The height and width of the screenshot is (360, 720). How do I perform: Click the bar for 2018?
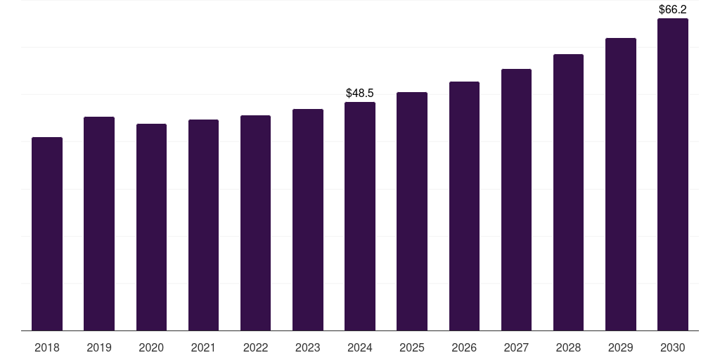(x=47, y=233)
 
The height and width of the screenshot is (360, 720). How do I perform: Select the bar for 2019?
(x=99, y=224)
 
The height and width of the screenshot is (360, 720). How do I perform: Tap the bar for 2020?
(x=151, y=227)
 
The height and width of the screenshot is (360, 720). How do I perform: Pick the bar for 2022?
(x=255, y=223)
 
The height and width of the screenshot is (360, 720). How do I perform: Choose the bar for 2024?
(x=360, y=216)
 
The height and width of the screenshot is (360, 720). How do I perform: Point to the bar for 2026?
(x=464, y=206)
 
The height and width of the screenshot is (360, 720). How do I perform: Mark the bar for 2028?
(x=568, y=192)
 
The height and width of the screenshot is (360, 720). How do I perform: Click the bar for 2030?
(x=673, y=174)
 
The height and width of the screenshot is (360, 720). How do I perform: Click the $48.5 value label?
(x=360, y=93)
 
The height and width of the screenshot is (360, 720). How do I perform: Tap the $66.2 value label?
(x=673, y=10)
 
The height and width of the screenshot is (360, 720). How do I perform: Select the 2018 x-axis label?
(x=47, y=347)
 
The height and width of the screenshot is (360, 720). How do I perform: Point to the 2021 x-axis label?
(x=203, y=347)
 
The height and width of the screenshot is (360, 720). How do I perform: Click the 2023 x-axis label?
(x=308, y=347)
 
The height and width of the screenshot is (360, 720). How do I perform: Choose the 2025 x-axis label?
(x=412, y=347)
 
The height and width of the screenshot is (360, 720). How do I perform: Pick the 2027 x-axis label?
(x=516, y=347)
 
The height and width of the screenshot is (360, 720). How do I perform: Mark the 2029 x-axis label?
(x=621, y=347)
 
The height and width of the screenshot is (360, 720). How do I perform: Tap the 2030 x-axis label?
(x=673, y=347)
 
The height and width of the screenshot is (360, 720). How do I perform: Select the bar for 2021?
(x=203, y=225)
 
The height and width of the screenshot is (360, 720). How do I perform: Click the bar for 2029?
(x=621, y=184)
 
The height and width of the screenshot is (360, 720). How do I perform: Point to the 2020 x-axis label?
(x=151, y=347)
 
